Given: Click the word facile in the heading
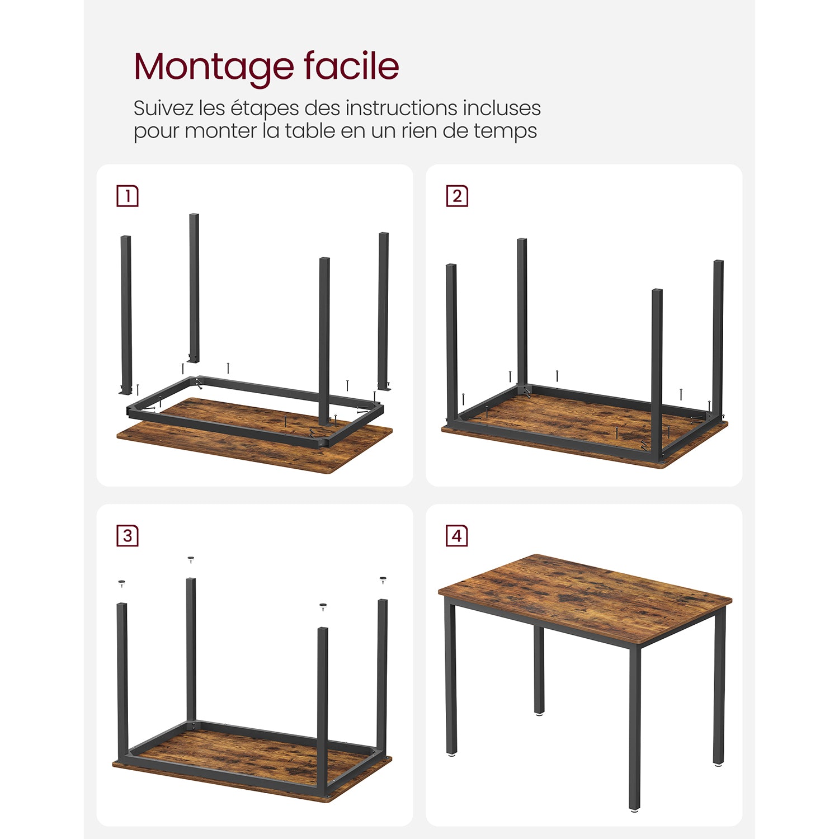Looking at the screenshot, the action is coord(352,65).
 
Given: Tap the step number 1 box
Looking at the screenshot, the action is coord(128,196).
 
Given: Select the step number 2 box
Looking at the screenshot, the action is coord(457,196).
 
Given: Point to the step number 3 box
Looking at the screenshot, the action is coord(128,536).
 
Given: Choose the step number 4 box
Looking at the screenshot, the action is coord(457,536).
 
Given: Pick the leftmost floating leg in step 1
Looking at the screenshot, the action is coord(126,315).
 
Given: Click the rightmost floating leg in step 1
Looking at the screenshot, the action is coord(384,311).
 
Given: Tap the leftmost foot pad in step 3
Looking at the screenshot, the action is coord(122,583).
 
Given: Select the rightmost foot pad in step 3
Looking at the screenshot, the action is coord(383,580).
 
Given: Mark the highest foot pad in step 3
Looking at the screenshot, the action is coord(191,559).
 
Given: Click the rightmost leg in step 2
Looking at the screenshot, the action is coord(718,338).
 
